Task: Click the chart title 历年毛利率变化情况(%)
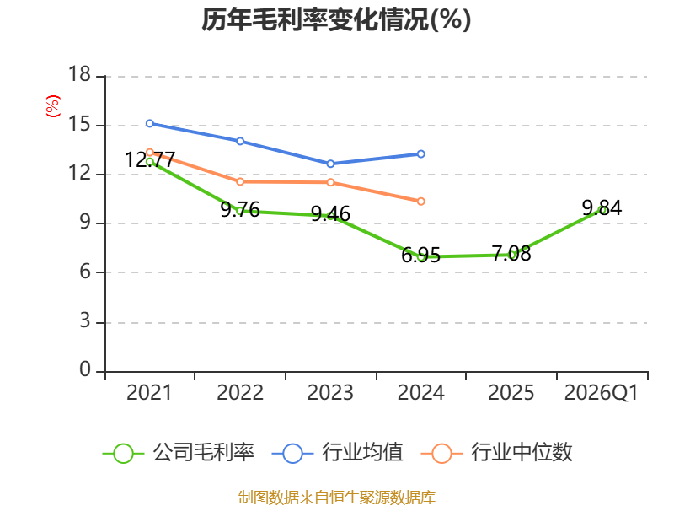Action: pos(336,19)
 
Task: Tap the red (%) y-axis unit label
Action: pos(53,106)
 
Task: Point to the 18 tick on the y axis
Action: pos(79,74)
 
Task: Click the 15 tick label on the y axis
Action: pos(79,124)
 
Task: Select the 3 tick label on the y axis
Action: pos(85,321)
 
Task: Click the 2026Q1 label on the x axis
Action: pos(601,392)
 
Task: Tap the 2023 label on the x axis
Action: pos(330,392)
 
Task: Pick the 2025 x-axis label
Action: pos(511,392)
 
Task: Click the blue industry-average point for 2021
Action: pos(150,123)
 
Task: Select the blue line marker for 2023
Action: pos(330,164)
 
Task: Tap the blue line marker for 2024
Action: pos(420,154)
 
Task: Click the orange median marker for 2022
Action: pos(240,181)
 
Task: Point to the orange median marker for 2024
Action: pos(420,202)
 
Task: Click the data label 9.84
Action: pos(602,208)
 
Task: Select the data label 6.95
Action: pos(420,256)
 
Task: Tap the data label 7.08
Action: pos(511,254)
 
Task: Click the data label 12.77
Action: pos(150,160)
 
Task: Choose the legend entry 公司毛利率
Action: pos(179,453)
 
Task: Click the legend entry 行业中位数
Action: pos(496,453)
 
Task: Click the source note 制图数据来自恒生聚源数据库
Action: pos(336,498)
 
